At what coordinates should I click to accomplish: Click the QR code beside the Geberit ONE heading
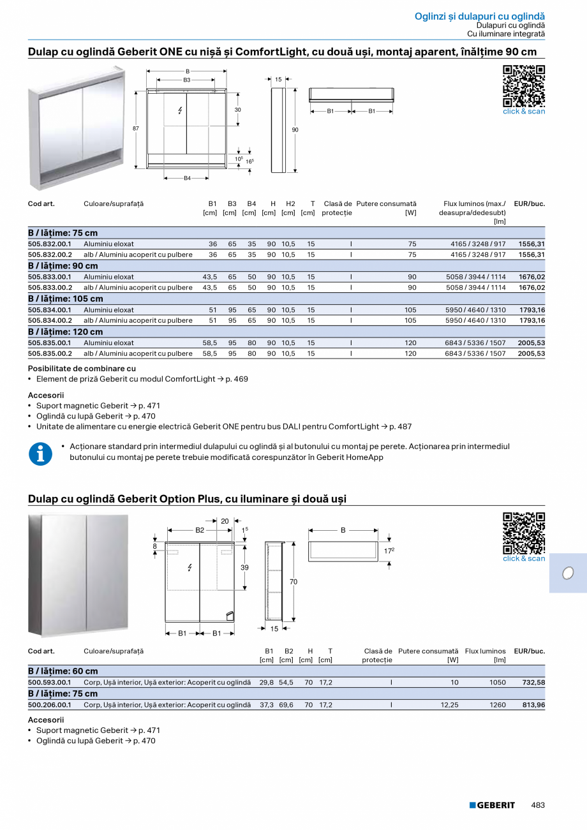(524, 85)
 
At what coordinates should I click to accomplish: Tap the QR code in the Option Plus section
(524, 533)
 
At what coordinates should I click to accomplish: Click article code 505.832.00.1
(50, 244)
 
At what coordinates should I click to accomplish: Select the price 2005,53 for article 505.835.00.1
(531, 343)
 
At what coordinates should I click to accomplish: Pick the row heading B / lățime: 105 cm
(66, 299)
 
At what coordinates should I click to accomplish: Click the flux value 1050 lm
(498, 683)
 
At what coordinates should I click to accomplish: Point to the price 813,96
(533, 706)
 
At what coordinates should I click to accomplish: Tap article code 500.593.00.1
(50, 683)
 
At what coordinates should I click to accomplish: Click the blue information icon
(41, 454)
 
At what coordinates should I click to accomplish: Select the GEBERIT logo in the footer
(492, 805)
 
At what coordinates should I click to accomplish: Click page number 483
(538, 805)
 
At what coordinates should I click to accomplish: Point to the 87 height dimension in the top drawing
(136, 129)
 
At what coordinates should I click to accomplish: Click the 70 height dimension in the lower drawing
(293, 582)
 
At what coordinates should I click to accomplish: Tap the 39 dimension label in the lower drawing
(244, 567)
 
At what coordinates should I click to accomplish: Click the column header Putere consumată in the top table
(386, 204)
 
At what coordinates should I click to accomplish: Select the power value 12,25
(450, 706)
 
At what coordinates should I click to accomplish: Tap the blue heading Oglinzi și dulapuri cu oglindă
(480, 16)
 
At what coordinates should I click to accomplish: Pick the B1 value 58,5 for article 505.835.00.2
(210, 353)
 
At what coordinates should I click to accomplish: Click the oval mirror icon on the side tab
(567, 573)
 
